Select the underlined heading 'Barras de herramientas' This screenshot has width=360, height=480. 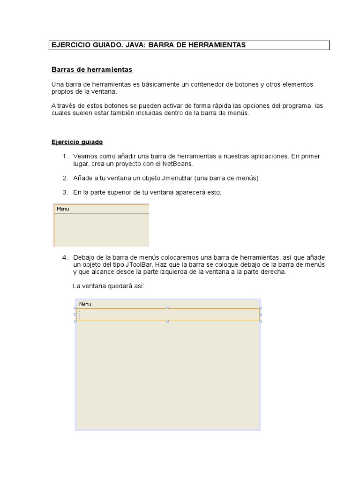(92, 70)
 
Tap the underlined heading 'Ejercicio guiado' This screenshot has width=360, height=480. (77, 142)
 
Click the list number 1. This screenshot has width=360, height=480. (65, 156)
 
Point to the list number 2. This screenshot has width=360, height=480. (65, 178)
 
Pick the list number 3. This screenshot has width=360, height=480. (65, 192)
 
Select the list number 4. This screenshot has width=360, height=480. (65, 257)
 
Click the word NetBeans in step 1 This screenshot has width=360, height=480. (177, 164)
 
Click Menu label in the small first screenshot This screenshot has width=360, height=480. (63, 209)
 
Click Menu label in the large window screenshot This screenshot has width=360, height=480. (85, 304)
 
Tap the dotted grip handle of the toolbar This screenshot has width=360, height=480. (79, 315)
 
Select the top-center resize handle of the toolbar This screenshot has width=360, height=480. (167, 308)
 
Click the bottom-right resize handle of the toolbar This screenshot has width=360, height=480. (261, 321)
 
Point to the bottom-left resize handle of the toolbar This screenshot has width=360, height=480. (75, 321)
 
